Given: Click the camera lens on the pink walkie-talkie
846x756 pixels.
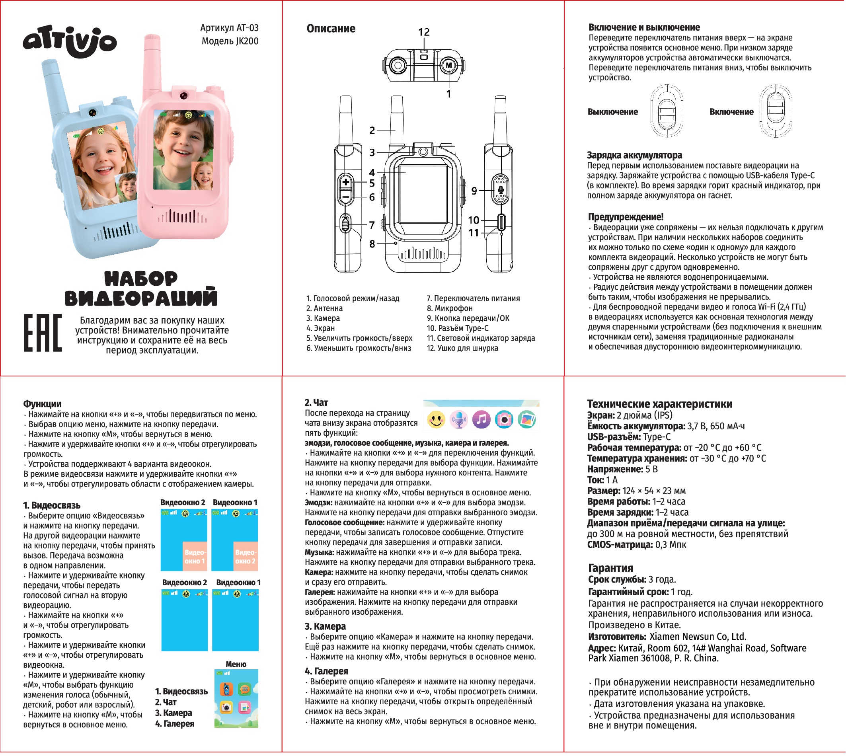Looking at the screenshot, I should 183,96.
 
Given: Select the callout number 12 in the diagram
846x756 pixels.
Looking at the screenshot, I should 424,32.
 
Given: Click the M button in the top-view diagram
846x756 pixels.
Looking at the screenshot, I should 448,65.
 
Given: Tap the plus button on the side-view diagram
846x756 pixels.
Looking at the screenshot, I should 345,182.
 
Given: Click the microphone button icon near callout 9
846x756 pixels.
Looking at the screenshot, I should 501,190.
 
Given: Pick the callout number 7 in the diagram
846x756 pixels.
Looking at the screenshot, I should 372,225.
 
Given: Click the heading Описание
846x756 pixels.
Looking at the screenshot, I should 331,29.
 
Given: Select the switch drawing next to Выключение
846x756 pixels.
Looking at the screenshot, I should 666,111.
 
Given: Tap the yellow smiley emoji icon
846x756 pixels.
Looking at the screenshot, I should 436,419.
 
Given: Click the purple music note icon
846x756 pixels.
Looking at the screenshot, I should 481,419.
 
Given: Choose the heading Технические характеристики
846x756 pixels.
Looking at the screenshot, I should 659,404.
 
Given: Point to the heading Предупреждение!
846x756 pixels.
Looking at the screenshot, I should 626,217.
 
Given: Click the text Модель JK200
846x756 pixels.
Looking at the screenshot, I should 230,41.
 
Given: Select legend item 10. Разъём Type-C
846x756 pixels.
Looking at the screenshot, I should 457,328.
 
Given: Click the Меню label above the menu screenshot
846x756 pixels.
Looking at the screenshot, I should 236,664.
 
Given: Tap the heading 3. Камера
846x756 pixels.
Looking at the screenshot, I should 325,626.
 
